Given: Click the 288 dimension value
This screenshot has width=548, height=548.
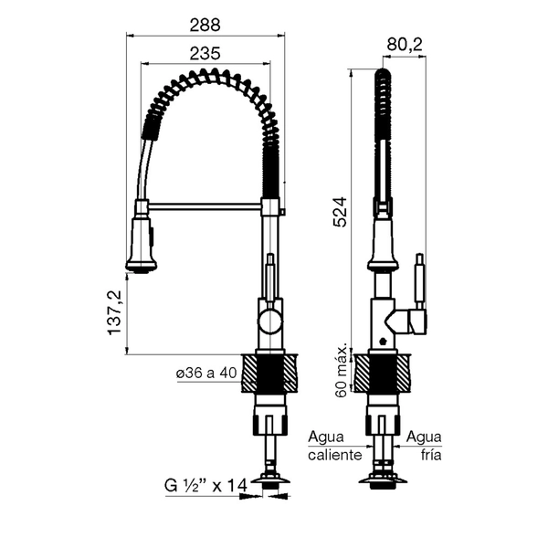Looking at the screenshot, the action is [x=205, y=25].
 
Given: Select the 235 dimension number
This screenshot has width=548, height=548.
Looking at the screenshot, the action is [x=205, y=54].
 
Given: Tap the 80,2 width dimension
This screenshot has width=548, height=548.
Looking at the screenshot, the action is [x=405, y=45].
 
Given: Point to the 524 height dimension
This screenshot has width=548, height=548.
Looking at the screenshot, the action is [x=340, y=212].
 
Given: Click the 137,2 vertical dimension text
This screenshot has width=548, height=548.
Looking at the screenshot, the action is [x=115, y=312].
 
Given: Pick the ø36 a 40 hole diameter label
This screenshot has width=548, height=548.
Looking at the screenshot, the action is [x=206, y=373].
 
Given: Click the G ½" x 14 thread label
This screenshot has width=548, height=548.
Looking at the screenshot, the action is [x=206, y=485].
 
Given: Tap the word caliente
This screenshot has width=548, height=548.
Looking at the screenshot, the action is [x=335, y=455].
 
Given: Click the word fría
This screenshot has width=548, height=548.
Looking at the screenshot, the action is [x=430, y=455].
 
